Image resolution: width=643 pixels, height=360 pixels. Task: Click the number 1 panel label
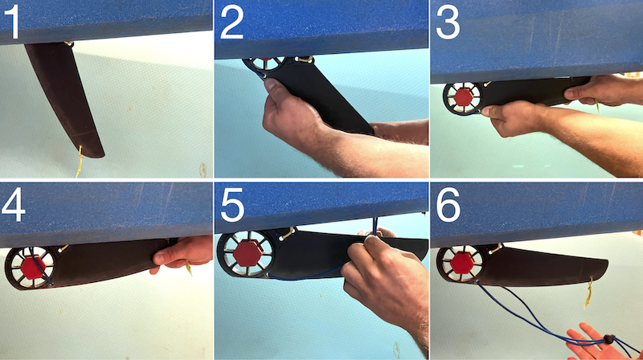(11, 22)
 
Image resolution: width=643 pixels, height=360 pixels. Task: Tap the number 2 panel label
(232, 23)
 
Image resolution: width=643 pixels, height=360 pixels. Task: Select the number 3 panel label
(448, 23)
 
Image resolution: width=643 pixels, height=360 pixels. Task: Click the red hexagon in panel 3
(464, 96)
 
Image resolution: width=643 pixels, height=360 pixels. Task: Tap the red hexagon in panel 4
(32, 268)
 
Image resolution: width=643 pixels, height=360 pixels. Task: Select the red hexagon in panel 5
(248, 253)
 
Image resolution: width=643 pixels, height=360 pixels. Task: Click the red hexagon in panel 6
(463, 264)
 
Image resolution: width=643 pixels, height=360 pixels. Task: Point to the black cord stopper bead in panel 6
(608, 339)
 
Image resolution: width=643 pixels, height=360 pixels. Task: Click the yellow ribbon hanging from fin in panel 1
(79, 162)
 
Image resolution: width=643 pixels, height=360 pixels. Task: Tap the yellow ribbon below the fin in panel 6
(589, 292)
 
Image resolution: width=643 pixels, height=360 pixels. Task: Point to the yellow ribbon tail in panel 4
(189, 268)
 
